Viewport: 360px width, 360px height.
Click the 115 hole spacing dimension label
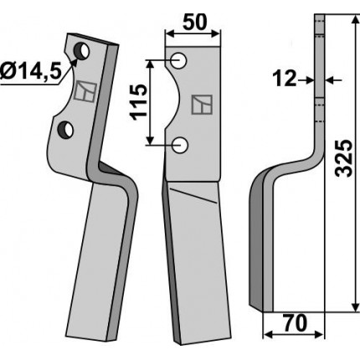coord(138,102)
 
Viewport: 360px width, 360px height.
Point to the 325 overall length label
coord(343,158)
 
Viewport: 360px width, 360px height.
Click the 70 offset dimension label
coord(295,323)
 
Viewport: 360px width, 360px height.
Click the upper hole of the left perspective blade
coord(81,51)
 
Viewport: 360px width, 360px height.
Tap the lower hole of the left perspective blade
coord(65,130)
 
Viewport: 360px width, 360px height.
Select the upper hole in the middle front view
coord(178,60)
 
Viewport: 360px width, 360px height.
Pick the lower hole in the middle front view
coord(180,145)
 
